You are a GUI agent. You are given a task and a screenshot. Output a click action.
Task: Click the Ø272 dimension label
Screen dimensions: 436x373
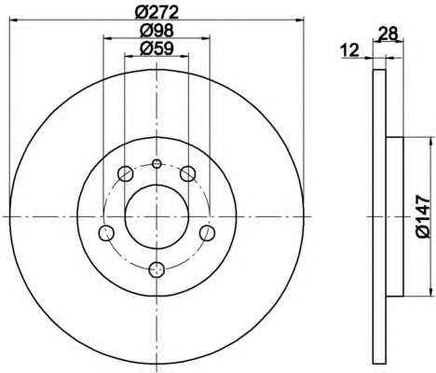click(x=157, y=13)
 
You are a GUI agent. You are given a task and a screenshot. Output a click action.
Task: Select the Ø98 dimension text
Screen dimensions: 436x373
click(x=157, y=31)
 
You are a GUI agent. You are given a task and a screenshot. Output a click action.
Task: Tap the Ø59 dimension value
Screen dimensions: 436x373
click(x=157, y=48)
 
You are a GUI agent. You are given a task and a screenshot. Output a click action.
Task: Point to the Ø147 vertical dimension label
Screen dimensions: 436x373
click(x=423, y=216)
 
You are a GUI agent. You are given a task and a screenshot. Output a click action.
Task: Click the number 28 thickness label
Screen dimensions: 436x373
click(x=388, y=34)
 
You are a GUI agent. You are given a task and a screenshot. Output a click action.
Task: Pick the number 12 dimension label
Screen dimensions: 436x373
click(x=350, y=50)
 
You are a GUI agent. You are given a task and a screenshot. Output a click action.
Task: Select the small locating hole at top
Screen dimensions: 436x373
click(x=157, y=163)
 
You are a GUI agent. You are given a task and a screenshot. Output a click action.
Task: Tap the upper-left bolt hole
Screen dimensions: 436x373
click(x=126, y=173)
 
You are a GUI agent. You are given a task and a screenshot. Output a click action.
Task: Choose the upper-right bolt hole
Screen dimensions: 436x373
click(x=188, y=173)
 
